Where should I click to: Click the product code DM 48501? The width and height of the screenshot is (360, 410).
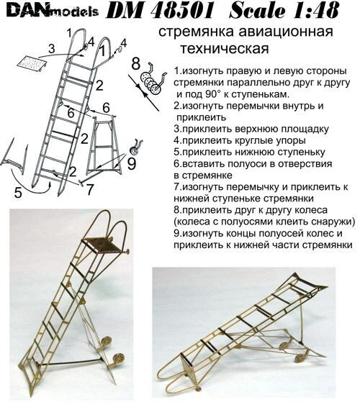(159, 12)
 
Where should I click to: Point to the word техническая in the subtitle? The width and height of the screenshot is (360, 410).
(225, 48)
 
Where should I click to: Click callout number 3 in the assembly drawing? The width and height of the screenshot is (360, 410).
(52, 48)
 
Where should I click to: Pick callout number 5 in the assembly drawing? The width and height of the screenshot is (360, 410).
(18, 193)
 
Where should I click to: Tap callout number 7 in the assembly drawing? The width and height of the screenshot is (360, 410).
(89, 190)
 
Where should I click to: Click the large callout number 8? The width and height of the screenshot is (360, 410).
(135, 63)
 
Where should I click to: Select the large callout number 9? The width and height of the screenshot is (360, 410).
(131, 164)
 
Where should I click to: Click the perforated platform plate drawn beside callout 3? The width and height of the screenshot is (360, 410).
(32, 63)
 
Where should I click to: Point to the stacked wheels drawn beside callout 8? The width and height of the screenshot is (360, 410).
(150, 83)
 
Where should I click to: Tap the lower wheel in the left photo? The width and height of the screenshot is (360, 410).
(119, 357)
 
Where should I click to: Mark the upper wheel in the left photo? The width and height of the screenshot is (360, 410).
(106, 341)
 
